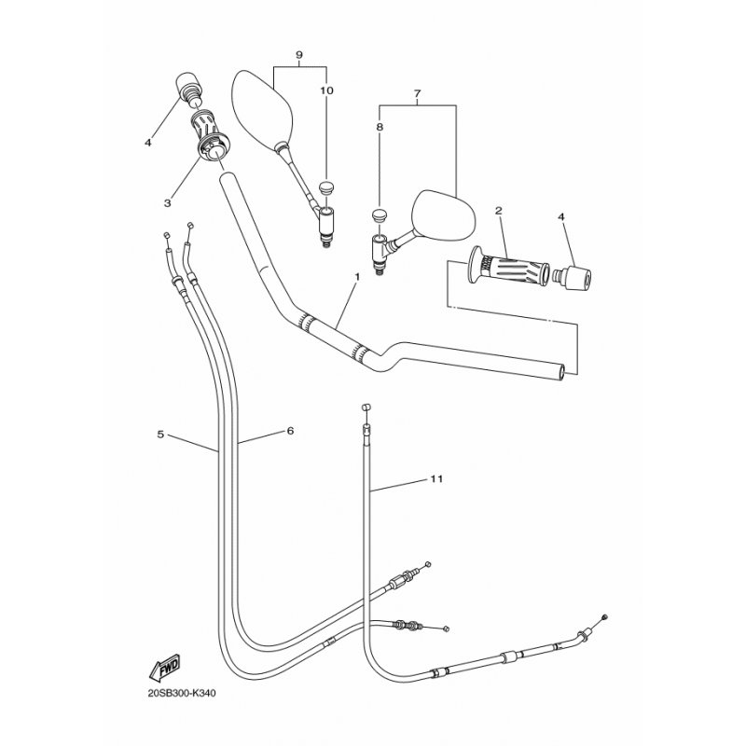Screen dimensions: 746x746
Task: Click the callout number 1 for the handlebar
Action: tap(357, 276)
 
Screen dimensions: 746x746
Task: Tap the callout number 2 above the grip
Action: tap(499, 211)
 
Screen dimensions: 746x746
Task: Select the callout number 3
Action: tap(168, 203)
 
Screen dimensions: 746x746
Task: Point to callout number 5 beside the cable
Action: tap(160, 434)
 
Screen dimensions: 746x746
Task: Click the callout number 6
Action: tap(290, 431)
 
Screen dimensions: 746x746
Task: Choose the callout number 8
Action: tap(380, 127)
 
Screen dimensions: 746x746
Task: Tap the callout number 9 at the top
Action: tap(298, 54)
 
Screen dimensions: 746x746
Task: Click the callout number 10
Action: tap(327, 90)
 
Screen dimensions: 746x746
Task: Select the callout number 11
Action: tap(436, 478)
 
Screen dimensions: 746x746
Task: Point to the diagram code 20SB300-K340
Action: tap(182, 693)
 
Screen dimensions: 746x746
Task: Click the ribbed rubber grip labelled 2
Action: tap(508, 269)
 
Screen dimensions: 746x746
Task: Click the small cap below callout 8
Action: tap(380, 214)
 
